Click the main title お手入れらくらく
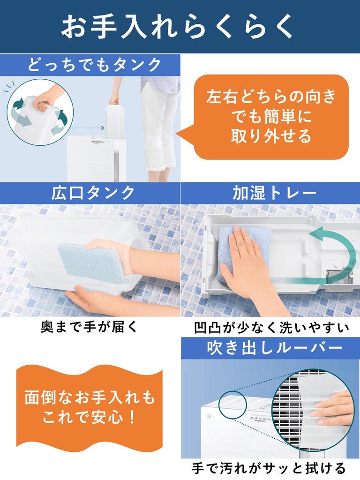point(177,27)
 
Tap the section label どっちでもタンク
point(94,65)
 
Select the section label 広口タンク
point(93,193)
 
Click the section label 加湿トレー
point(274,193)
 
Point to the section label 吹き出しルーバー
point(274,348)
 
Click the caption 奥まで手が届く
point(90,327)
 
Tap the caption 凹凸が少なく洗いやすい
point(271,327)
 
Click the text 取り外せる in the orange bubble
point(271,136)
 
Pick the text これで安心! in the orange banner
point(89,417)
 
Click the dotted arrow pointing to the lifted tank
point(86,128)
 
